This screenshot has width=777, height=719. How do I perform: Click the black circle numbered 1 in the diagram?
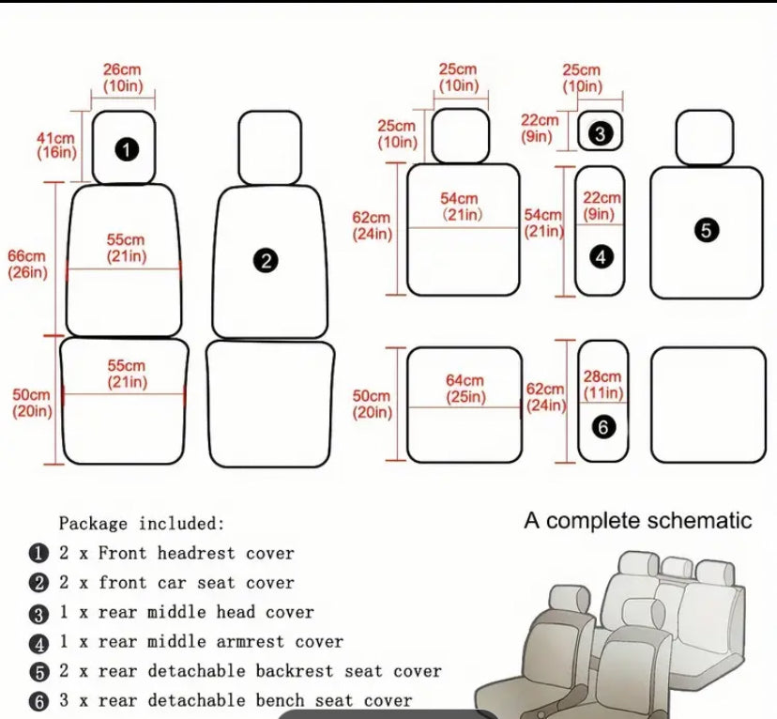(x=128, y=148)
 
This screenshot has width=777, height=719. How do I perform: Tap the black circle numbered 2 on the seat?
(x=267, y=261)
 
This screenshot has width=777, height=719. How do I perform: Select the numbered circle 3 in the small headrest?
(x=601, y=134)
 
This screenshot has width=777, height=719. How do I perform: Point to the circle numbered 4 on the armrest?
(x=602, y=255)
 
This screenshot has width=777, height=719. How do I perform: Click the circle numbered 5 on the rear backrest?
(x=707, y=230)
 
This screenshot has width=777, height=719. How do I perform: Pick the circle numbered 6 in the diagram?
(x=602, y=426)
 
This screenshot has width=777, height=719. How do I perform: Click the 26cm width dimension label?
(x=122, y=77)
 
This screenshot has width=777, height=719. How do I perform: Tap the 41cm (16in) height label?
(x=56, y=145)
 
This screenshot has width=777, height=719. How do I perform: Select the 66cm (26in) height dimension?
(x=26, y=264)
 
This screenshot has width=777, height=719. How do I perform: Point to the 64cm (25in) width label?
(x=465, y=389)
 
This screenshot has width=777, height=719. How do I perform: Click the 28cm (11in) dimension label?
(x=602, y=384)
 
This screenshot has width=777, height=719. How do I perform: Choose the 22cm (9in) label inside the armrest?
(x=602, y=206)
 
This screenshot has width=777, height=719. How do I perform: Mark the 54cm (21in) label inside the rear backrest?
(x=460, y=207)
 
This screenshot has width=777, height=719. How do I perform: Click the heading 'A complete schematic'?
(x=637, y=521)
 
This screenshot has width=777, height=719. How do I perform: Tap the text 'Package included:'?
(x=142, y=523)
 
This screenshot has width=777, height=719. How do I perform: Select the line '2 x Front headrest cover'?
(x=176, y=554)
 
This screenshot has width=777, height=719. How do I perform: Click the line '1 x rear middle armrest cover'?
(x=201, y=642)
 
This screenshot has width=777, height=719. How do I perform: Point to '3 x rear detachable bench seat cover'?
(x=236, y=700)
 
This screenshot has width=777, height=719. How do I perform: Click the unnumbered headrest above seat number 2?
(x=269, y=147)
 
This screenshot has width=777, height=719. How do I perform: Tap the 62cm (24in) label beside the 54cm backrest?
(x=372, y=225)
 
